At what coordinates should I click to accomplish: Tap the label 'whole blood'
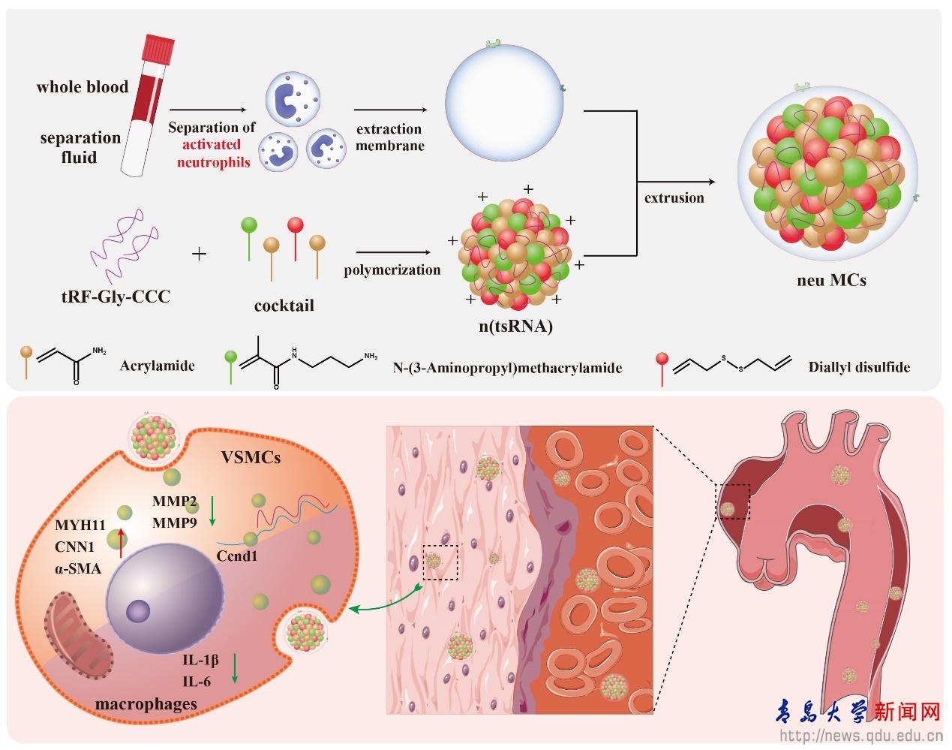(x=83, y=87)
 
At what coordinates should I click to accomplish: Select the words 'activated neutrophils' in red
(x=212, y=153)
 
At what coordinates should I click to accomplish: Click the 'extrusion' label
(x=674, y=198)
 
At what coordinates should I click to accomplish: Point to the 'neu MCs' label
(x=831, y=281)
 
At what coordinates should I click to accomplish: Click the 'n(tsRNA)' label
(x=515, y=326)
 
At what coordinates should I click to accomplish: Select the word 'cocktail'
(x=284, y=306)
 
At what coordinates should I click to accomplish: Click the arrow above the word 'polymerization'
(x=393, y=252)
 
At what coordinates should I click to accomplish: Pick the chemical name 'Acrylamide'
(x=158, y=366)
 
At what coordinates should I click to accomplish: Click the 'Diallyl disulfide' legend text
(x=859, y=367)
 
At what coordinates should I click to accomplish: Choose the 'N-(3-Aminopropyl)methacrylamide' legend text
(x=507, y=368)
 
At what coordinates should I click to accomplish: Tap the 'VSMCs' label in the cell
(x=251, y=457)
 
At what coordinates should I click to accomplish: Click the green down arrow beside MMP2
(x=212, y=511)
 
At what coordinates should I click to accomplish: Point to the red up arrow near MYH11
(x=121, y=542)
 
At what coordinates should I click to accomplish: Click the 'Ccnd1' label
(x=237, y=556)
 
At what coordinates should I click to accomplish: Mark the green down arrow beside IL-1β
(x=235, y=668)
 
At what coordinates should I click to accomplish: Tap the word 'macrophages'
(x=146, y=704)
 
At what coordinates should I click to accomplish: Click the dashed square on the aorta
(x=733, y=502)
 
